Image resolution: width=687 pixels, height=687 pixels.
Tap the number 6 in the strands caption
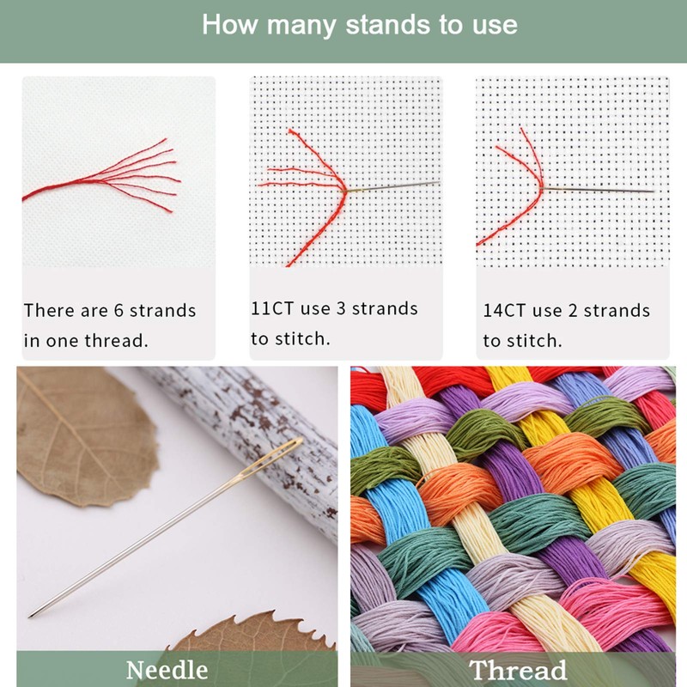[x=118, y=311]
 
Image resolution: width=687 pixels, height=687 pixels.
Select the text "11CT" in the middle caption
[x=270, y=308]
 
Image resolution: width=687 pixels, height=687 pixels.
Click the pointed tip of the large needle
[x=32, y=614]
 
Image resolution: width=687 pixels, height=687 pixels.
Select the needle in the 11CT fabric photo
[x=395, y=185]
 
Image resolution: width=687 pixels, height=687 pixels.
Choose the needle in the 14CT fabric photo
[x=601, y=189]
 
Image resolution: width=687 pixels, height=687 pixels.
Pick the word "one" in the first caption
[x=62, y=340]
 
